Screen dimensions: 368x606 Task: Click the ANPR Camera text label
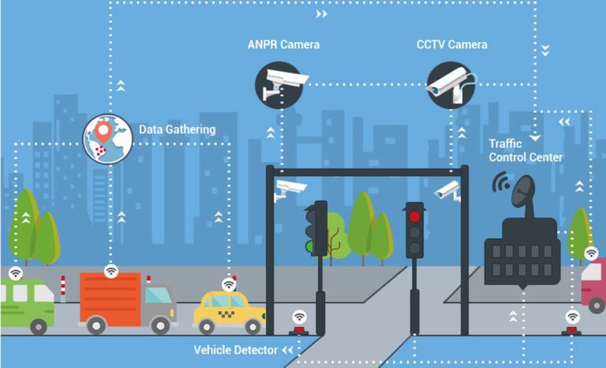[x=283, y=44]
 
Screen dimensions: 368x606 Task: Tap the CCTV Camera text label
[x=452, y=44]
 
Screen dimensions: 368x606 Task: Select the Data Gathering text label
[x=177, y=130]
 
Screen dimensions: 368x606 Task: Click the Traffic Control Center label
[x=526, y=150]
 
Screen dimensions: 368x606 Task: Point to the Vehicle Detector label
[x=235, y=350]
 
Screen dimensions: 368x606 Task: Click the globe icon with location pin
[x=108, y=138]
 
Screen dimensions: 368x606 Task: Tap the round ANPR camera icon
[x=279, y=84]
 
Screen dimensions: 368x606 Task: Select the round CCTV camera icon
[x=451, y=84]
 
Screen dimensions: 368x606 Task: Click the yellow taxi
[x=229, y=310]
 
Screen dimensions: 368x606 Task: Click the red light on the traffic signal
[x=414, y=216]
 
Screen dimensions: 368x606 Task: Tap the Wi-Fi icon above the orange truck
[x=111, y=271]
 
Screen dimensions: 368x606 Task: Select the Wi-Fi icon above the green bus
[x=15, y=272]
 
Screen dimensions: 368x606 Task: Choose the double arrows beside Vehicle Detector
[x=288, y=350]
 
